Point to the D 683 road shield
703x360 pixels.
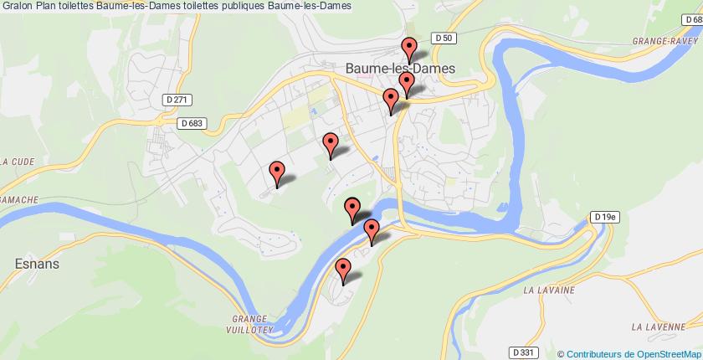[192, 122]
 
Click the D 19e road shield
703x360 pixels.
[603, 217]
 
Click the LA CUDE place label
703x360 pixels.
[16, 162]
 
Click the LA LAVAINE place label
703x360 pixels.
[548, 290]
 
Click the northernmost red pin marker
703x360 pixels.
[409, 47]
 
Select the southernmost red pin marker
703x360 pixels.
[343, 269]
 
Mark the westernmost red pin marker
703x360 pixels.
[278, 172]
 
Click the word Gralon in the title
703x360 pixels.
[16, 6]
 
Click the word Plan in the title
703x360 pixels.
[48, 6]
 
